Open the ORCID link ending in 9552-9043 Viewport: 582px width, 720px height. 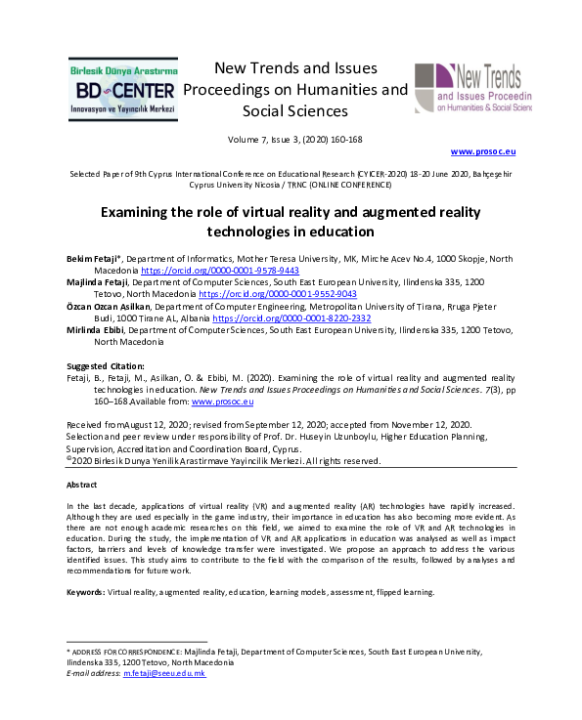coord(277,292)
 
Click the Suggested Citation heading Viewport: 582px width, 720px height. coord(109,365)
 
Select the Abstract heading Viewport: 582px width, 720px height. coord(82,485)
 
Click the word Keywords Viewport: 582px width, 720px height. coord(84,593)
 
